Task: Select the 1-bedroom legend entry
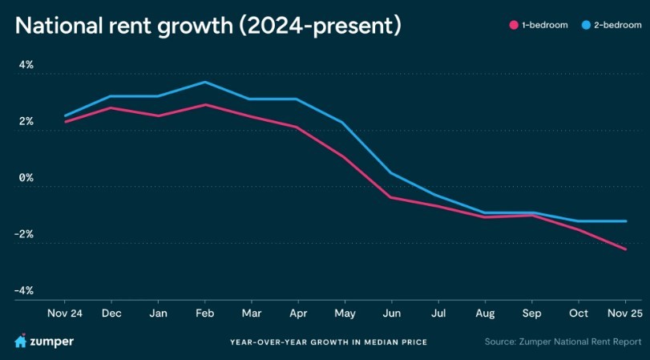(539, 26)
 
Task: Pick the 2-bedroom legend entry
(608, 26)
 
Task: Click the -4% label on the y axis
(23, 290)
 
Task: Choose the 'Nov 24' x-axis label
(65, 313)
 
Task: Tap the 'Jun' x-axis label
(392, 313)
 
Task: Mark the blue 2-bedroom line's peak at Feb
(206, 82)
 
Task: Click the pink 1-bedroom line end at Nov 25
(626, 249)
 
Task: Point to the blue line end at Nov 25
(626, 221)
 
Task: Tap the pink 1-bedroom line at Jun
(391, 197)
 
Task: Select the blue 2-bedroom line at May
(344, 123)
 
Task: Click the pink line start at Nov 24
(65, 122)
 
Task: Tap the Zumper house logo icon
(21, 342)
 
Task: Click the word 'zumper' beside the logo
(53, 342)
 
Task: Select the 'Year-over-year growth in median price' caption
(328, 342)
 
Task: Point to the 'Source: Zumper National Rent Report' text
(563, 342)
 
